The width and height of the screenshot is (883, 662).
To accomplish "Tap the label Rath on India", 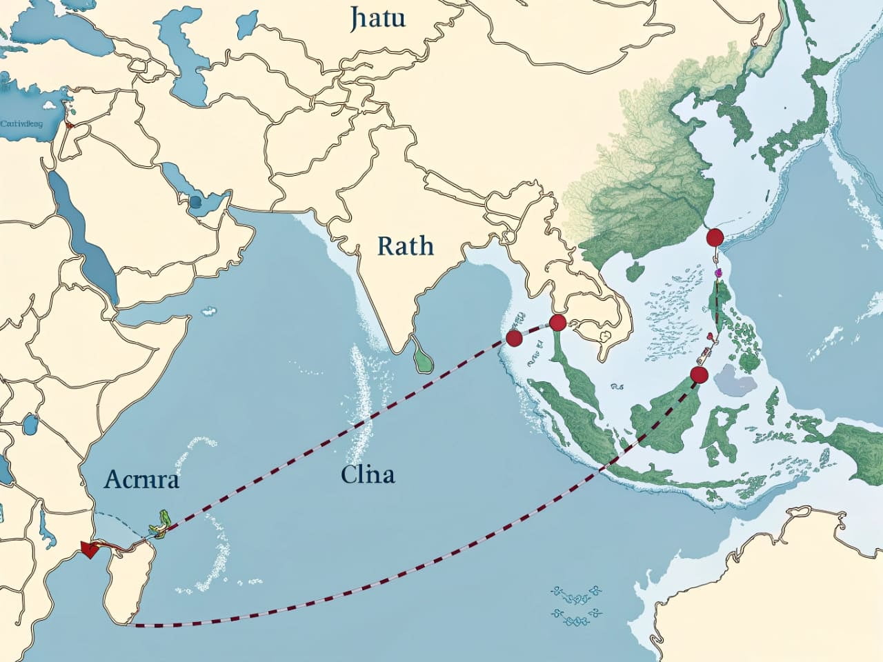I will point(406,245).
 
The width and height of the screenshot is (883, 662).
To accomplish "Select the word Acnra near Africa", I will point(142,479).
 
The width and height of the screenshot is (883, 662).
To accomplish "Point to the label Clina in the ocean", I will point(367,474).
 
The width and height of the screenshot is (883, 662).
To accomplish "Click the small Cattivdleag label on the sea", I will point(21,124).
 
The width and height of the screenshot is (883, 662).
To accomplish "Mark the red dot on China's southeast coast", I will point(715,238).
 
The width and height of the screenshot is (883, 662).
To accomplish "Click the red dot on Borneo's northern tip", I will point(699,375).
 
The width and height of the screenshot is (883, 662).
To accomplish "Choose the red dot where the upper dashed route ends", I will point(513,338).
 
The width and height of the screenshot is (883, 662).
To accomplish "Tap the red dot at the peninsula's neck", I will point(557,322).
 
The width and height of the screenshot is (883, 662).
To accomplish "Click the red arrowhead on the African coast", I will point(88,548).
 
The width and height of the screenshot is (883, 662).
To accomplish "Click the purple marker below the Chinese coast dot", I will point(717,274).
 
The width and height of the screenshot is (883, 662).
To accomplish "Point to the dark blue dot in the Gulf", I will point(195,201).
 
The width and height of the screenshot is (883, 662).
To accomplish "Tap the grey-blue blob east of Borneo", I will point(733,381).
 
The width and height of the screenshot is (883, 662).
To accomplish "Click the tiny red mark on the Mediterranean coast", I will point(68,126).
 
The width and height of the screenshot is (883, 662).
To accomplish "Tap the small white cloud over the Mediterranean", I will point(49,106).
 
